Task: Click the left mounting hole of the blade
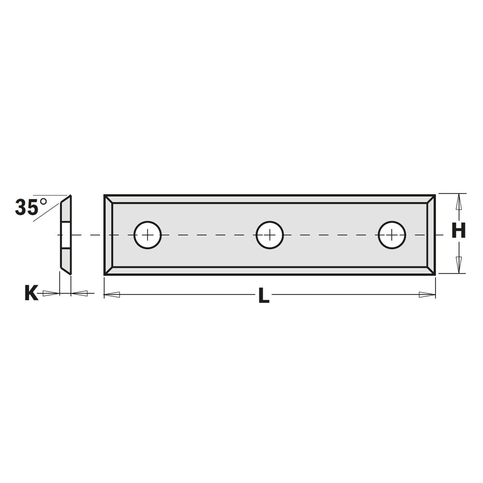pos(147,235)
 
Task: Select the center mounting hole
pos(270,235)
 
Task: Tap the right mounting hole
pos(392,235)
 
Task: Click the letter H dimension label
pos(458,231)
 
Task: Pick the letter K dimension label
pos(31,293)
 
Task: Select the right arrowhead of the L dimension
pos(427,295)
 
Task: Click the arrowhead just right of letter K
pos(51,293)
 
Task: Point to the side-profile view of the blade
pos(66,235)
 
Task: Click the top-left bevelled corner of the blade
pos(109,199)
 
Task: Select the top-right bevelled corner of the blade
pos(431,199)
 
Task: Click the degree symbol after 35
pos(43,201)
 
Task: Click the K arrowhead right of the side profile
pos(80,293)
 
